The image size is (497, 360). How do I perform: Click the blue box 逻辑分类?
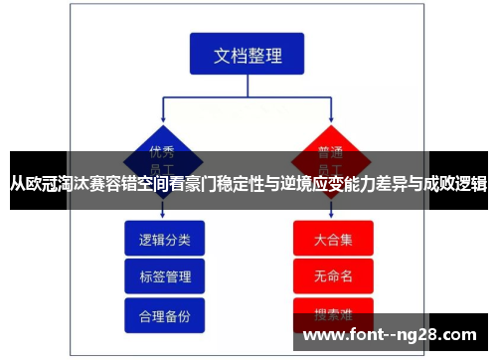tap(165, 240)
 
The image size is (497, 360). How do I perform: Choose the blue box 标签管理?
tap(165, 276)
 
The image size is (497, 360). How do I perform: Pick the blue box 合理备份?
tap(165, 314)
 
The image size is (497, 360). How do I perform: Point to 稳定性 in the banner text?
tap(242, 183)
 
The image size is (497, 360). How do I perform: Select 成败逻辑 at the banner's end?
tap(456, 183)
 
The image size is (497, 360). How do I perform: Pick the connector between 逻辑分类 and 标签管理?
tap(165, 258)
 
